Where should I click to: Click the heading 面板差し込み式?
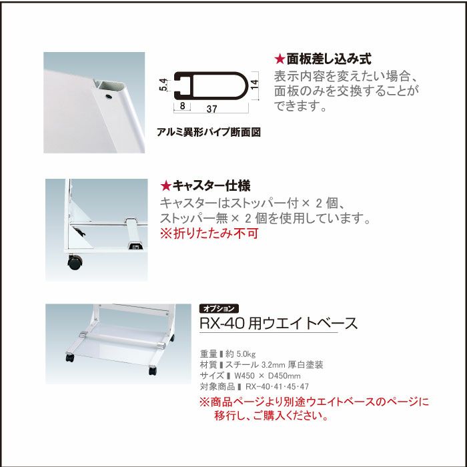click(x=329, y=59)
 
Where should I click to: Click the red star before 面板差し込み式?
click(x=280, y=59)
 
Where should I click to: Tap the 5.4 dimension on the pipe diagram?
click(x=163, y=85)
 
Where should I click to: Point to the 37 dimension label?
click(x=211, y=109)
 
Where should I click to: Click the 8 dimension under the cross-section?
click(x=182, y=106)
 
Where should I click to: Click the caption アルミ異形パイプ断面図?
click(x=209, y=132)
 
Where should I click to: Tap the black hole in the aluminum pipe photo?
click(x=109, y=97)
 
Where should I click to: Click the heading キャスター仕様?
click(x=211, y=186)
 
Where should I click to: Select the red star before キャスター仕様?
click(x=165, y=186)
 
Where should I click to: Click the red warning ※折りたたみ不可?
click(x=209, y=233)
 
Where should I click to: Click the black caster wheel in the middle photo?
click(x=75, y=262)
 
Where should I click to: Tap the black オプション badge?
click(x=219, y=309)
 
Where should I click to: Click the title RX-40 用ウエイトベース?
click(x=278, y=323)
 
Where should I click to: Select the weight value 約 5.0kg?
click(x=241, y=354)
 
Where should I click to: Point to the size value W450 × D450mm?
click(x=268, y=376)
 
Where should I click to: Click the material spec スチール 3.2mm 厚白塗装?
click(x=274, y=365)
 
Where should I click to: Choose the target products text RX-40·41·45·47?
click(x=278, y=386)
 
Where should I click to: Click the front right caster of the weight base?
click(x=153, y=370)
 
